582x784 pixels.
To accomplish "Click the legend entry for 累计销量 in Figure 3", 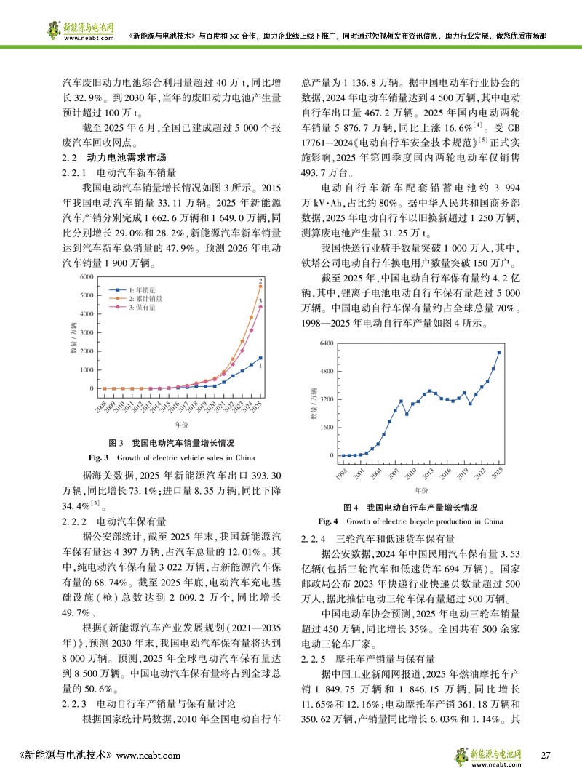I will (143, 298).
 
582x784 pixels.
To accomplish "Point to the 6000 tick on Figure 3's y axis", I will (87, 277).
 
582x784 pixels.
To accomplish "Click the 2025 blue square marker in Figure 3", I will (260, 358).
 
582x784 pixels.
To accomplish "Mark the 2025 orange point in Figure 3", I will (260, 287).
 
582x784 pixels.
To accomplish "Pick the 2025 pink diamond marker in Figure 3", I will (260, 306).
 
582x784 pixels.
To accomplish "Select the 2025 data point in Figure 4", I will (498, 353).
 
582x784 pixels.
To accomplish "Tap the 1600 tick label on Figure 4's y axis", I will (324, 428).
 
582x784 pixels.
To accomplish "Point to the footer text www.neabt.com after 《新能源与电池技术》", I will (148, 756).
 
